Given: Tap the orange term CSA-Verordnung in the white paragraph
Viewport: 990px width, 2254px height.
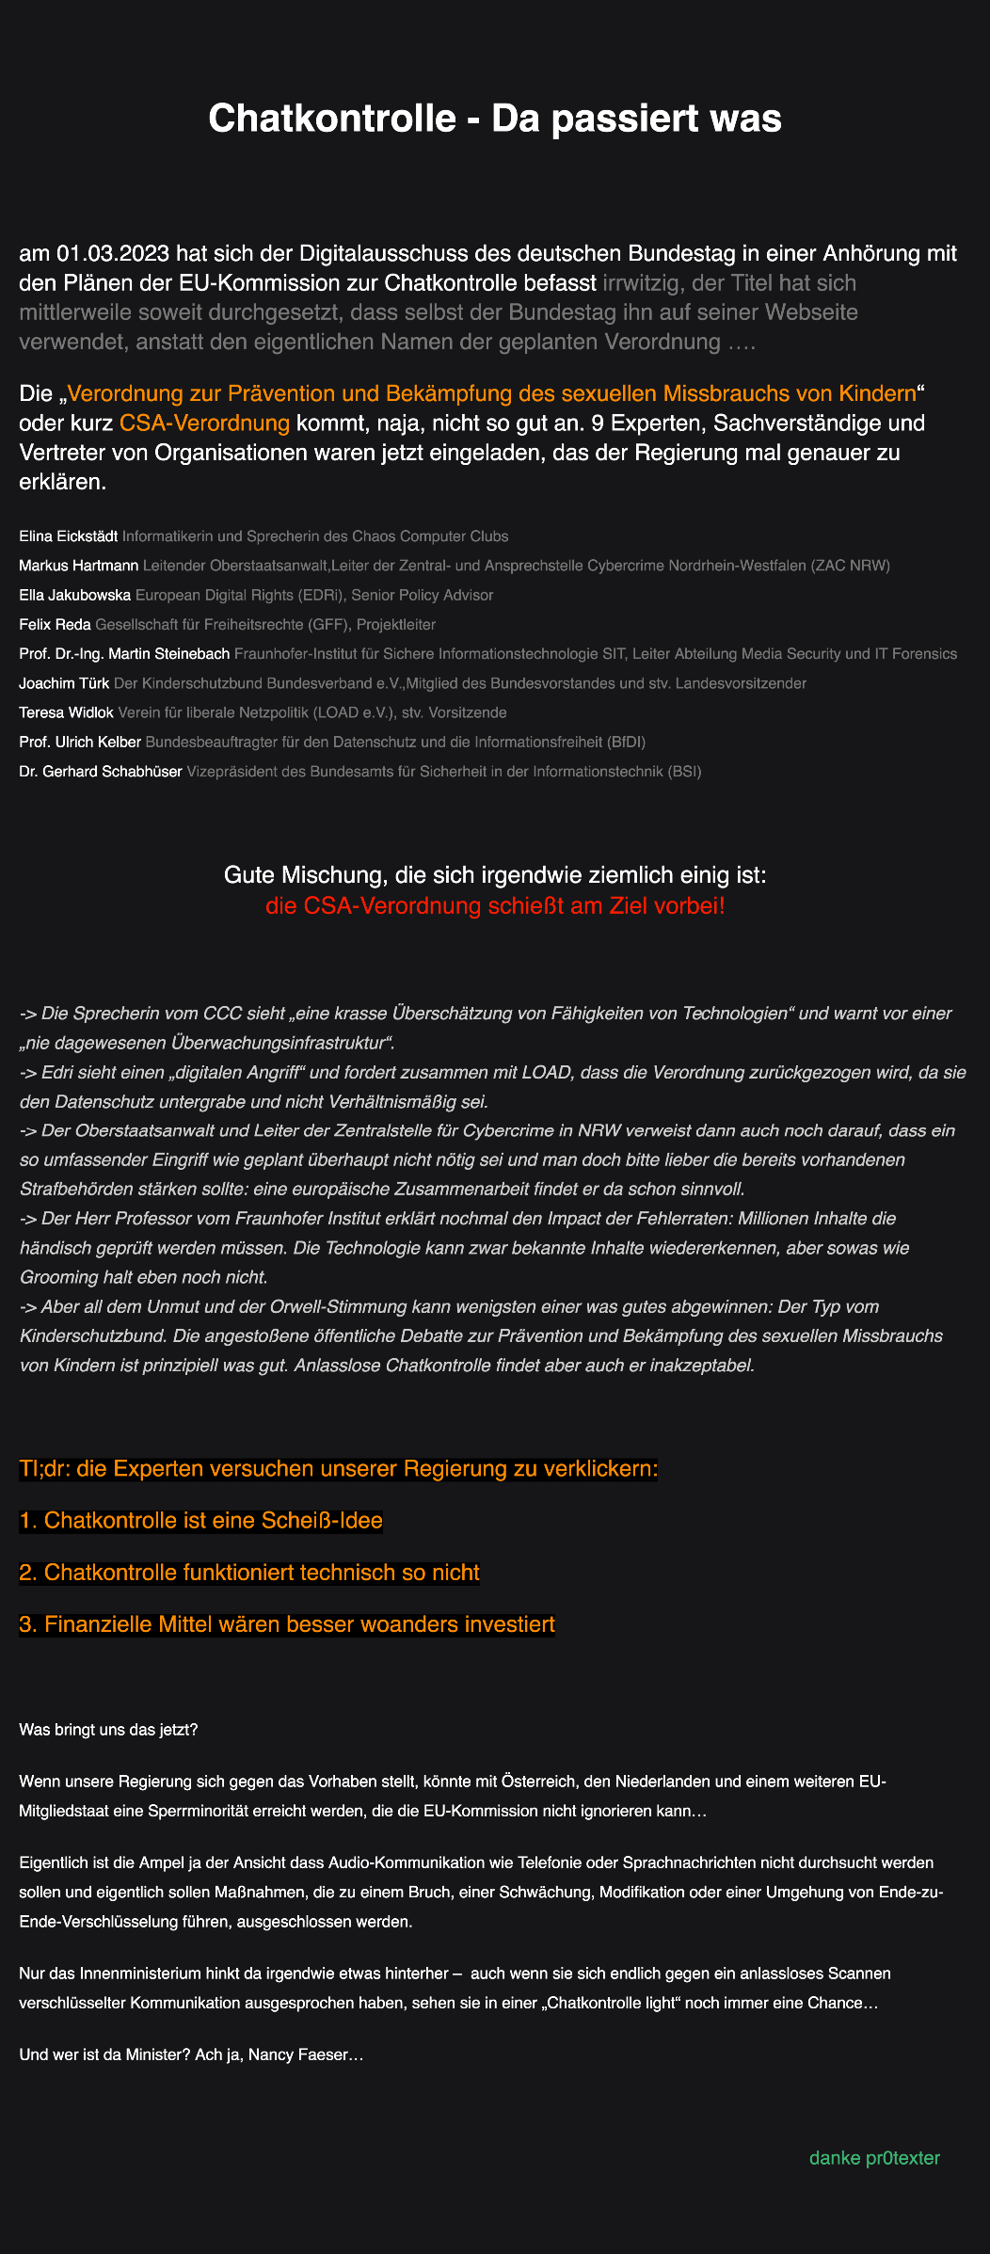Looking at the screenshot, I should [x=204, y=423].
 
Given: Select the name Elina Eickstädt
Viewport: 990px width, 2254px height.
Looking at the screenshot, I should [x=69, y=536].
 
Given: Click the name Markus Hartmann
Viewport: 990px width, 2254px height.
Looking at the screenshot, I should [x=79, y=566].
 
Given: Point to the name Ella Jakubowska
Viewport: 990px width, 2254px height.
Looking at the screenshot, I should [x=75, y=595].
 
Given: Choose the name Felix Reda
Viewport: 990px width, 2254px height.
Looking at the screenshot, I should [x=55, y=624].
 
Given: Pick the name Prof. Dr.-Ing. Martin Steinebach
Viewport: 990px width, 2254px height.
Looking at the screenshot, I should [x=124, y=654].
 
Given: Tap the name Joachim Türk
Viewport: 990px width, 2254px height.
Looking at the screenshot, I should [x=64, y=683].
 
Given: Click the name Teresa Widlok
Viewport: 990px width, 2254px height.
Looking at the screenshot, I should [x=66, y=712].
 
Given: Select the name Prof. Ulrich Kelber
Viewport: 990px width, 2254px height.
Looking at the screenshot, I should [x=80, y=743].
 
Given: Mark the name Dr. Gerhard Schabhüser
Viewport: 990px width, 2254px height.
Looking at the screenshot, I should [x=101, y=772].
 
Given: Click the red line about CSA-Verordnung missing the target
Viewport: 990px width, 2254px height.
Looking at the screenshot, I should [x=495, y=906].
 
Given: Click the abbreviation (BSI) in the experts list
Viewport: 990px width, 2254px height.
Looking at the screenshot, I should [x=684, y=772].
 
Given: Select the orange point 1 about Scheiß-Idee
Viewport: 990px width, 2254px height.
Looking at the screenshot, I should [x=200, y=1521].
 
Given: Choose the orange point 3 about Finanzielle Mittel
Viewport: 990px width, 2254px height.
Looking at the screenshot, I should [x=287, y=1624].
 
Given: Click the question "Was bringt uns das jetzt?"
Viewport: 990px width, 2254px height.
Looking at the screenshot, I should [x=108, y=1730].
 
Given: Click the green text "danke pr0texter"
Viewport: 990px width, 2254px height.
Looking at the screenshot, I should [x=874, y=2158].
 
